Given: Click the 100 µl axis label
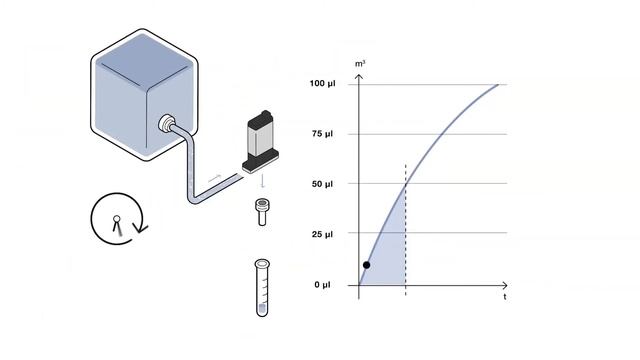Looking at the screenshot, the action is (x=322, y=84).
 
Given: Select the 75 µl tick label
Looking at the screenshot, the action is (x=322, y=134).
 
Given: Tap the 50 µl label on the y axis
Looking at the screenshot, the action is (x=322, y=184).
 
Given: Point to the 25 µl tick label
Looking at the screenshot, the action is (x=322, y=234).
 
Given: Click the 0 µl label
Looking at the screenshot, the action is (x=322, y=284).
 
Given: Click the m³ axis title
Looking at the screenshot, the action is (x=360, y=64).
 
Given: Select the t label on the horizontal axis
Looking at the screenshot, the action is (x=505, y=297).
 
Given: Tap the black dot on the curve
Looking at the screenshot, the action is (x=367, y=265).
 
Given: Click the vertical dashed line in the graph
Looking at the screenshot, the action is (x=405, y=230).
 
